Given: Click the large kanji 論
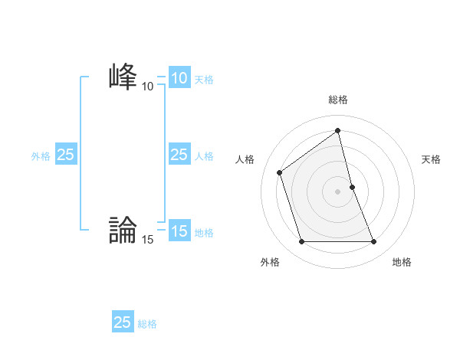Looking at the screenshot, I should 123,229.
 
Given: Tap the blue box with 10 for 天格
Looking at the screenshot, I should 179,78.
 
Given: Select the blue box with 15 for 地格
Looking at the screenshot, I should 179,231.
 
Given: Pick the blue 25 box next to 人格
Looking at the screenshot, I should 179,155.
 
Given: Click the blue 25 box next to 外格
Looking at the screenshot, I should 66,155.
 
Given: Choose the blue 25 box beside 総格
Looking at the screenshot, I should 123,322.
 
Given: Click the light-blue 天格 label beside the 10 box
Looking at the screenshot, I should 204,79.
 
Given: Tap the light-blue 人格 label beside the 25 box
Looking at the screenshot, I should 204,155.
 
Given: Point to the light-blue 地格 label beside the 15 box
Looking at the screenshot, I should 204,232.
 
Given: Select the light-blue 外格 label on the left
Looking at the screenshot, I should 41,155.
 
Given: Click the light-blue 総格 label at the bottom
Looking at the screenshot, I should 147,323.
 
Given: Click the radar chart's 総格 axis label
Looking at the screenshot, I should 338,100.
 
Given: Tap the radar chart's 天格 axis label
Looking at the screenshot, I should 432,159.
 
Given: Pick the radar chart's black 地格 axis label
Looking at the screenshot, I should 402,262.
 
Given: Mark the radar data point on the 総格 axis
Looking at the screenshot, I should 338,131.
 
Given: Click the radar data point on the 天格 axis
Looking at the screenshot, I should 352,187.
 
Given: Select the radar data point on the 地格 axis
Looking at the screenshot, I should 374,242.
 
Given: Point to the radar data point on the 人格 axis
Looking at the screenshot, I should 280,172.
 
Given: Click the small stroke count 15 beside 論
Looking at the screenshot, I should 147,240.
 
